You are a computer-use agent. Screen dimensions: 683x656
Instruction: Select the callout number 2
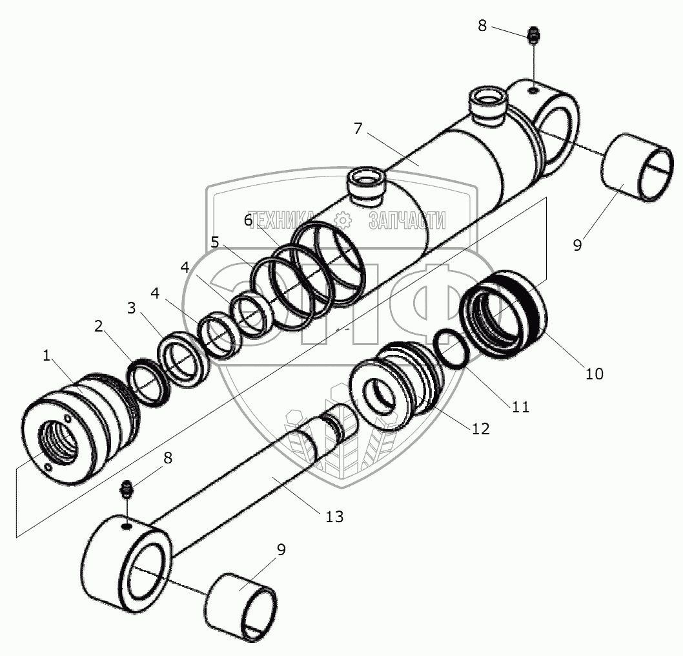point(98,326)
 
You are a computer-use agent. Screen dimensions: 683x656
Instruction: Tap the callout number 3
point(131,307)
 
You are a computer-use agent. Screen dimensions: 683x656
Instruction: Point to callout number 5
point(215,243)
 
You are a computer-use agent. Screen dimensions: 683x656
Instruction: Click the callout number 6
point(249,220)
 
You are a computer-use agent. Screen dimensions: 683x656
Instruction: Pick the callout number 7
point(358,128)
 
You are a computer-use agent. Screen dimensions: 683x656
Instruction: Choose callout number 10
point(594,373)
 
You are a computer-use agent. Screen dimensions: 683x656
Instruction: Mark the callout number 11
point(520,407)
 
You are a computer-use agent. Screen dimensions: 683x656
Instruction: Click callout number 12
point(481,428)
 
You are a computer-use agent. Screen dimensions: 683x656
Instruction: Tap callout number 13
point(335,516)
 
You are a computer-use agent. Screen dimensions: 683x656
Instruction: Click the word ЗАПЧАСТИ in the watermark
point(407,220)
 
